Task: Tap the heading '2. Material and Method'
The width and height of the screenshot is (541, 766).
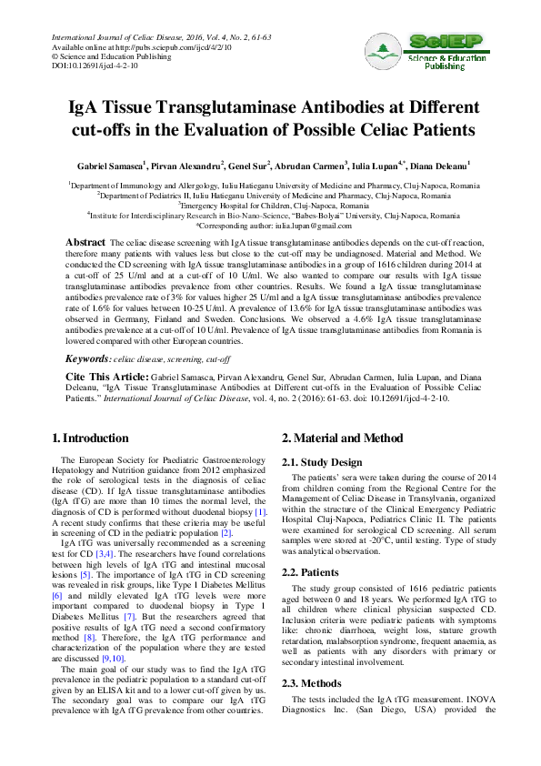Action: (342, 438)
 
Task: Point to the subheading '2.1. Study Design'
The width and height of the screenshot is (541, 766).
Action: (323, 462)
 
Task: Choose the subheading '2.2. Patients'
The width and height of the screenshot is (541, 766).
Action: (315, 573)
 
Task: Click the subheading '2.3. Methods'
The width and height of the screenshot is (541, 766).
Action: (316, 681)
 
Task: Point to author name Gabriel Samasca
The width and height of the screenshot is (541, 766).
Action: (108, 167)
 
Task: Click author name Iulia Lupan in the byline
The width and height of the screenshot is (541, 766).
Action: (376, 167)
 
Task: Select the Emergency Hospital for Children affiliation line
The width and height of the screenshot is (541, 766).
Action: (269, 206)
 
